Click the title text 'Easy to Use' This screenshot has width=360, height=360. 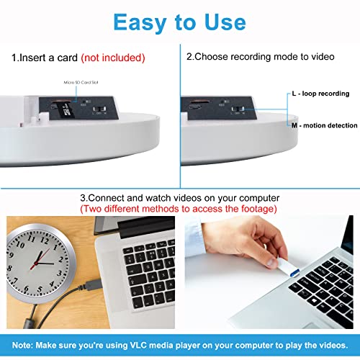pos(179,22)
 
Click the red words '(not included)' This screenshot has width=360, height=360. pos(114,56)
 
